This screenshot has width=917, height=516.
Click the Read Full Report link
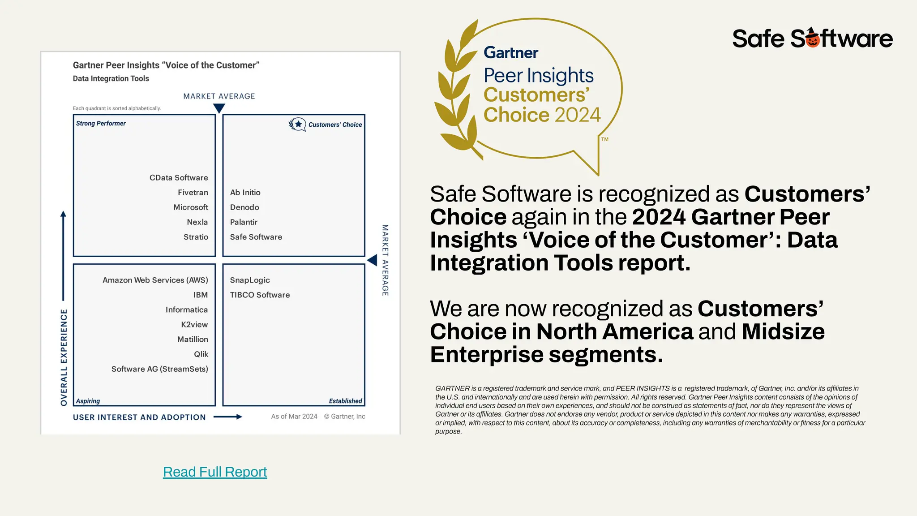click(215, 472)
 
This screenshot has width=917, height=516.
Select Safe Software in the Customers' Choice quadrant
click(256, 237)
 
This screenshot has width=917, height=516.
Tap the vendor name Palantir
click(244, 222)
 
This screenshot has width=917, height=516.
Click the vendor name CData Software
click(179, 178)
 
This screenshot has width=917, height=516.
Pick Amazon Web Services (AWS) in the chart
click(155, 280)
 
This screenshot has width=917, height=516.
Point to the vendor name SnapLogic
click(250, 280)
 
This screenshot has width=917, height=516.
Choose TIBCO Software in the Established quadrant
click(260, 295)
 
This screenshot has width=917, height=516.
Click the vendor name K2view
click(194, 325)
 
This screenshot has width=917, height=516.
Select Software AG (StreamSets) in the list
click(160, 369)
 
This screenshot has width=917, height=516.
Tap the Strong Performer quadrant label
click(101, 124)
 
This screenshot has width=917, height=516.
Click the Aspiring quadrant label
click(88, 401)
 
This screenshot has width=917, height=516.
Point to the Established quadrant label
click(345, 401)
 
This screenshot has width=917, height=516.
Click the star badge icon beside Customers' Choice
click(297, 124)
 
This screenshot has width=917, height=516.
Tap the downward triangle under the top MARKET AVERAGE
click(219, 108)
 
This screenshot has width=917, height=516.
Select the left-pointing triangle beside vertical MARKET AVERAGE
click(372, 260)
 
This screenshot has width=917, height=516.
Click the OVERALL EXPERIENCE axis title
click(64, 357)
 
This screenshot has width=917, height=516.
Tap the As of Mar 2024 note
click(294, 417)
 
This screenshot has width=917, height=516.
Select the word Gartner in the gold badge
click(511, 53)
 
